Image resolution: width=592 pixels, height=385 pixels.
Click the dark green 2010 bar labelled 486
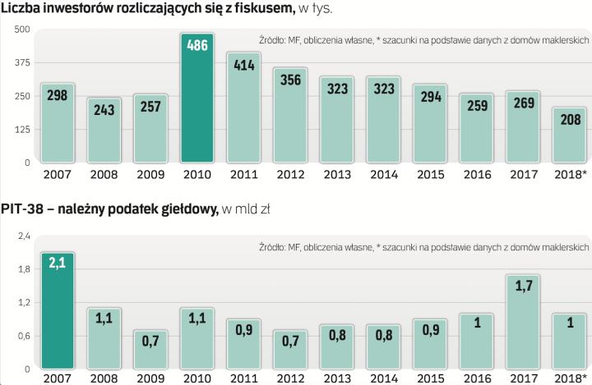pyautogui.click(x=197, y=99)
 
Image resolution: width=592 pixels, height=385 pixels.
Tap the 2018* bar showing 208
pyautogui.click(x=570, y=135)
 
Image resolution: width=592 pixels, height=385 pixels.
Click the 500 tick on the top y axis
pyautogui.click(x=22, y=30)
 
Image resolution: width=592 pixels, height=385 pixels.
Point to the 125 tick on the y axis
pyautogui.click(x=22, y=130)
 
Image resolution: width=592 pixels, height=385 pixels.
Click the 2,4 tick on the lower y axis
pyautogui.click(x=24, y=236)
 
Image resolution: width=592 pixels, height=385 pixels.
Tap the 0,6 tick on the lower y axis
pyautogui.click(x=24, y=337)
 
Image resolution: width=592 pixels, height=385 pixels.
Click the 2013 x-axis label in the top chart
pyautogui.click(x=337, y=174)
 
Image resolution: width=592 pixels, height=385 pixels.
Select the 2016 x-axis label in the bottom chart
pyautogui.click(x=477, y=378)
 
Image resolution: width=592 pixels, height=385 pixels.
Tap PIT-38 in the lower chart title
pyautogui.click(x=25, y=210)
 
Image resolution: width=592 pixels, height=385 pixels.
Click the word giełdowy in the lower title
pyautogui.click(x=187, y=211)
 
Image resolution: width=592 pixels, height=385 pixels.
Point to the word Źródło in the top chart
pyautogui.click(x=271, y=39)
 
